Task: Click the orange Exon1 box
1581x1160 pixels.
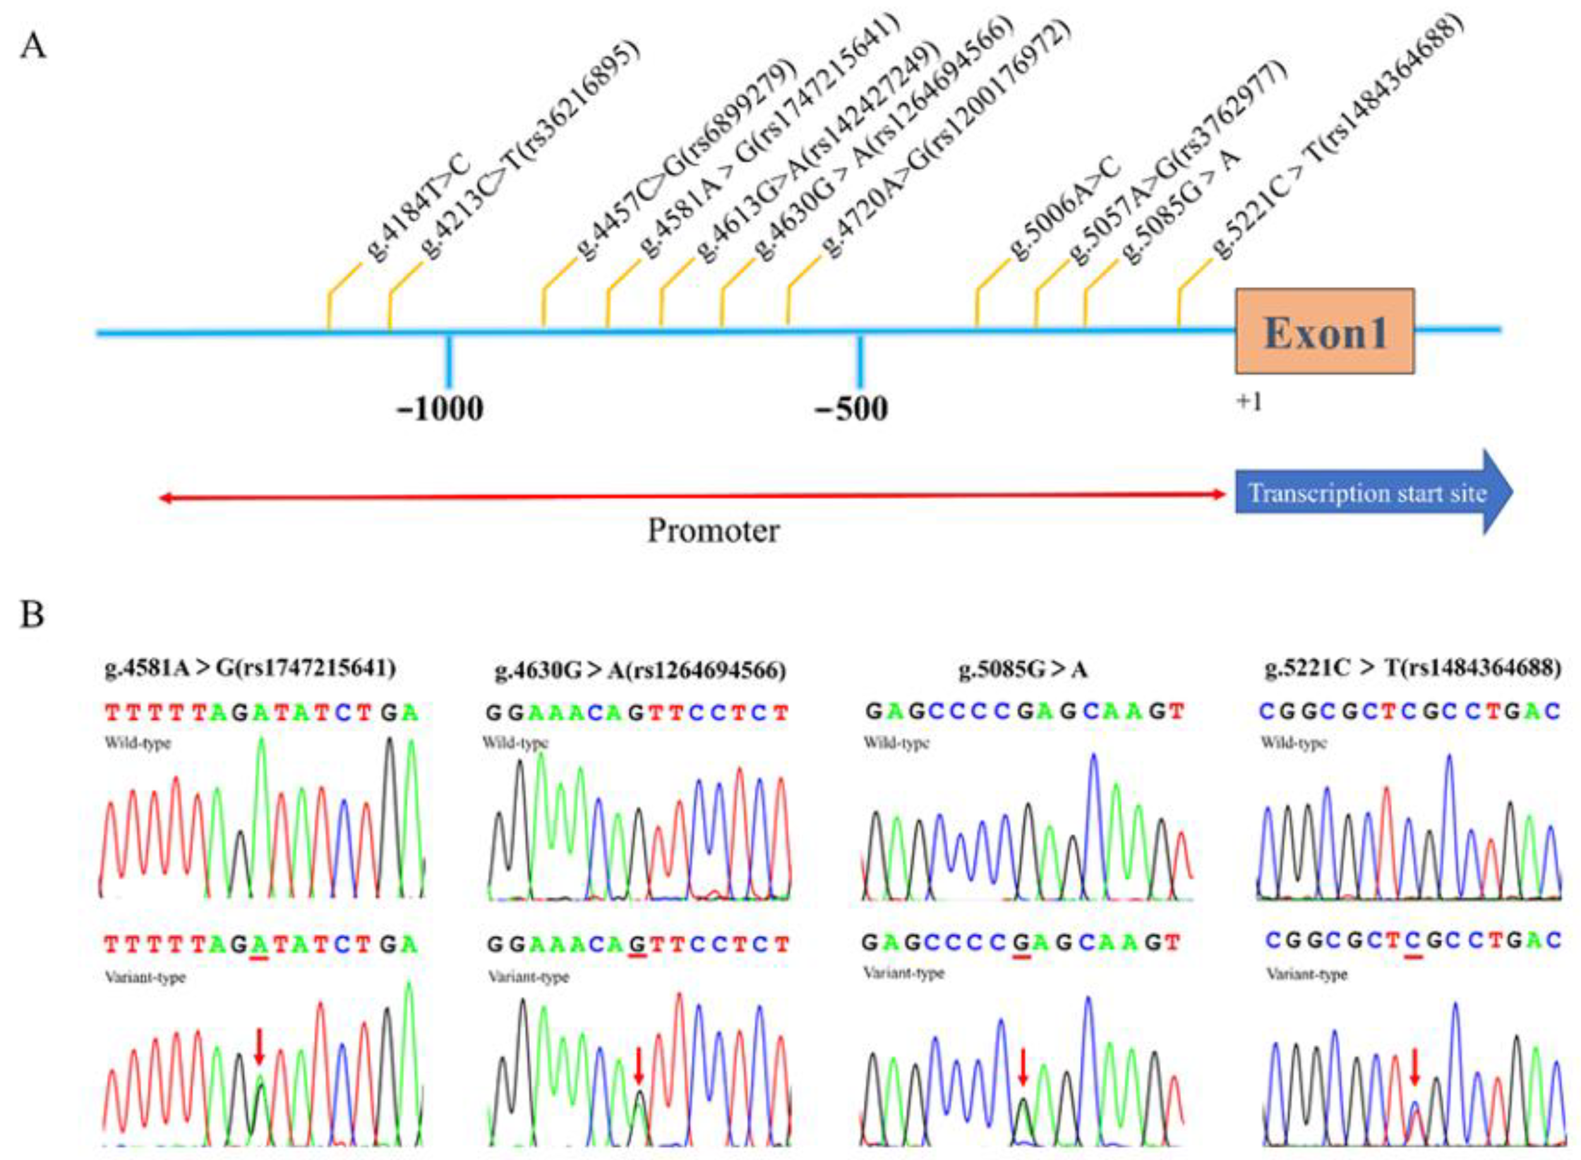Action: [1324, 331]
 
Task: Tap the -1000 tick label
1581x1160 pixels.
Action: [440, 409]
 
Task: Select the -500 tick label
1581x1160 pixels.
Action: [851, 409]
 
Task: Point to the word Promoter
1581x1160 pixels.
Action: [712, 531]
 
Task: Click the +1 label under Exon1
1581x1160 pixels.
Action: [1249, 402]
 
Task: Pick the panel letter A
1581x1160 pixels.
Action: [33, 48]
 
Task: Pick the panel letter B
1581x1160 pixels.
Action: [32, 614]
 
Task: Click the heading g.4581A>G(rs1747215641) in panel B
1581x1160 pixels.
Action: [250, 667]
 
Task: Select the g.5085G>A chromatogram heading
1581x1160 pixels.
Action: [1023, 671]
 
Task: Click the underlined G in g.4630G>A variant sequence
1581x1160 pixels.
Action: [638, 945]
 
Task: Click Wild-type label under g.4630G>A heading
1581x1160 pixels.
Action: [515, 743]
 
